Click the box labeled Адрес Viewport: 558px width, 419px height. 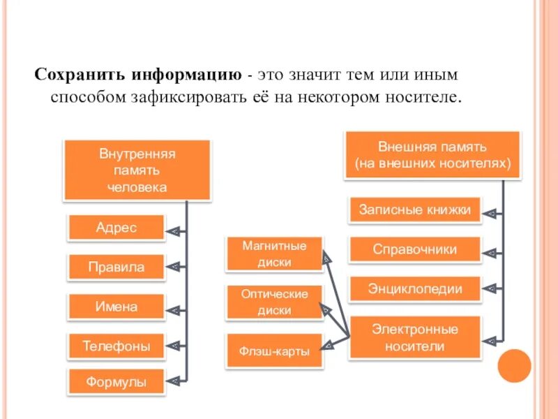(116, 228)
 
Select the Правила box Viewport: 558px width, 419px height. (116, 267)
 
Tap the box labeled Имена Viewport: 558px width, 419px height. (116, 307)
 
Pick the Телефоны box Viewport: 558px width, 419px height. (116, 346)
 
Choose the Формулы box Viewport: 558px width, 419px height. (116, 383)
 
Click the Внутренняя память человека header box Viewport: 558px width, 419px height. (137, 170)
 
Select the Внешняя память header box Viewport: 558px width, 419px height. (432, 156)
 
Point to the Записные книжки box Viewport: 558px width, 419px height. (415, 209)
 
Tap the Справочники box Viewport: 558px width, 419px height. (415, 249)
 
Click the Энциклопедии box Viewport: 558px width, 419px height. (415, 288)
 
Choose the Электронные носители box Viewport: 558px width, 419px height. (415, 337)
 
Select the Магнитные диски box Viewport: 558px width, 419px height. (274, 254)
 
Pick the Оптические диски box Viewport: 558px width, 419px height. (274, 302)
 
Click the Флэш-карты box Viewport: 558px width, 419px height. (274, 351)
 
